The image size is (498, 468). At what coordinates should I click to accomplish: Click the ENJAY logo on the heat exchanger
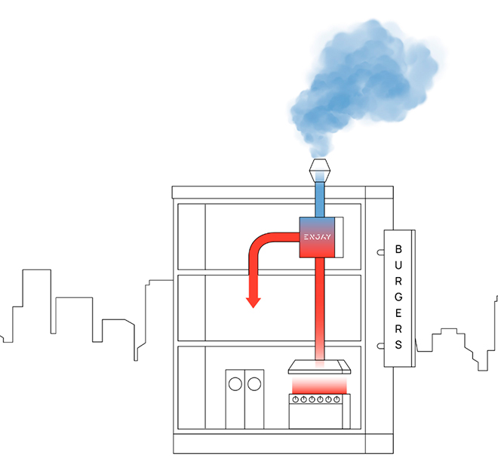click(x=316, y=237)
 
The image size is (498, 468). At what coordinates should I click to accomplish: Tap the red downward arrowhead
click(x=253, y=302)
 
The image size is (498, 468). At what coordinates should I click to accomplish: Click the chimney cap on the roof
click(x=321, y=167)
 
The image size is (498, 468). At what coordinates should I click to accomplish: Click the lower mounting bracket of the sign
click(x=380, y=345)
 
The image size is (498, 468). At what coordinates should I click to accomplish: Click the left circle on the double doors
click(x=235, y=383)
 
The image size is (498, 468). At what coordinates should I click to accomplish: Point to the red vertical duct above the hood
click(x=321, y=302)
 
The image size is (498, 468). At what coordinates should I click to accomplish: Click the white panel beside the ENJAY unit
click(x=339, y=236)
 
